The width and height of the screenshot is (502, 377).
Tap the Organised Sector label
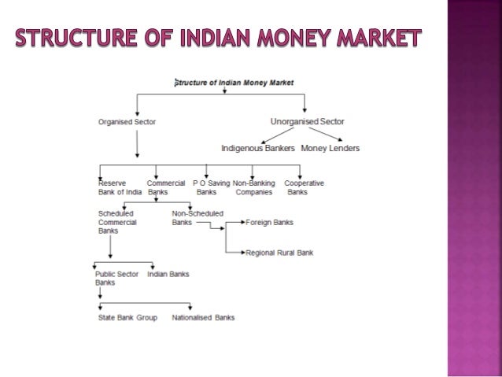pyautogui.click(x=126, y=122)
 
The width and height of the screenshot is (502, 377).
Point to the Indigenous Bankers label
pyautogui.click(x=258, y=148)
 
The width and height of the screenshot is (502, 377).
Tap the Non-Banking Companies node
pyautogui.click(x=253, y=187)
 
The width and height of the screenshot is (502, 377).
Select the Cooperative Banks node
pyautogui.click(x=303, y=187)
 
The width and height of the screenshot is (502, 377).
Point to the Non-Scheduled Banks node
pyautogui.click(x=197, y=218)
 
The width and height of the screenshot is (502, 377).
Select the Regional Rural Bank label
pyautogui.click(x=280, y=253)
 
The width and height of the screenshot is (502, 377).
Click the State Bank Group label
pyautogui.click(x=127, y=318)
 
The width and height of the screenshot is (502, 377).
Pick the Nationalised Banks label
pyautogui.click(x=203, y=318)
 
